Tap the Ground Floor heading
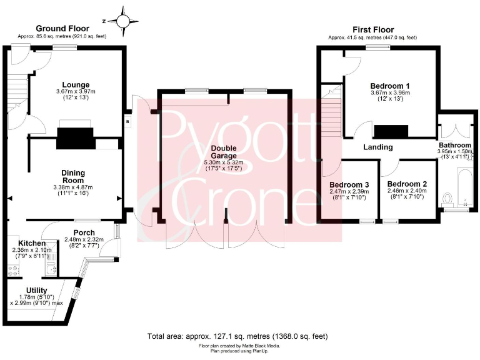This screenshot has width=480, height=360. [x=62, y=28]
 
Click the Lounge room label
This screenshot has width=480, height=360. [x=76, y=85]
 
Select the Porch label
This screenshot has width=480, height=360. [x=84, y=232]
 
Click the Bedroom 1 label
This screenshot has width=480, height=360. [x=389, y=86]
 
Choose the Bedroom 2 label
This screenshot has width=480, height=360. [x=406, y=184]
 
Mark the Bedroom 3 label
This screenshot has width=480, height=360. [x=349, y=184]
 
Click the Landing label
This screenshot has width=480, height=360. [x=379, y=147]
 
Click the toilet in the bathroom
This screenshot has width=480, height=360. [x=446, y=199]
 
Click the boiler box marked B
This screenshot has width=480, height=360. [x=127, y=122]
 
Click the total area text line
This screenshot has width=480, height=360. [x=237, y=336]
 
